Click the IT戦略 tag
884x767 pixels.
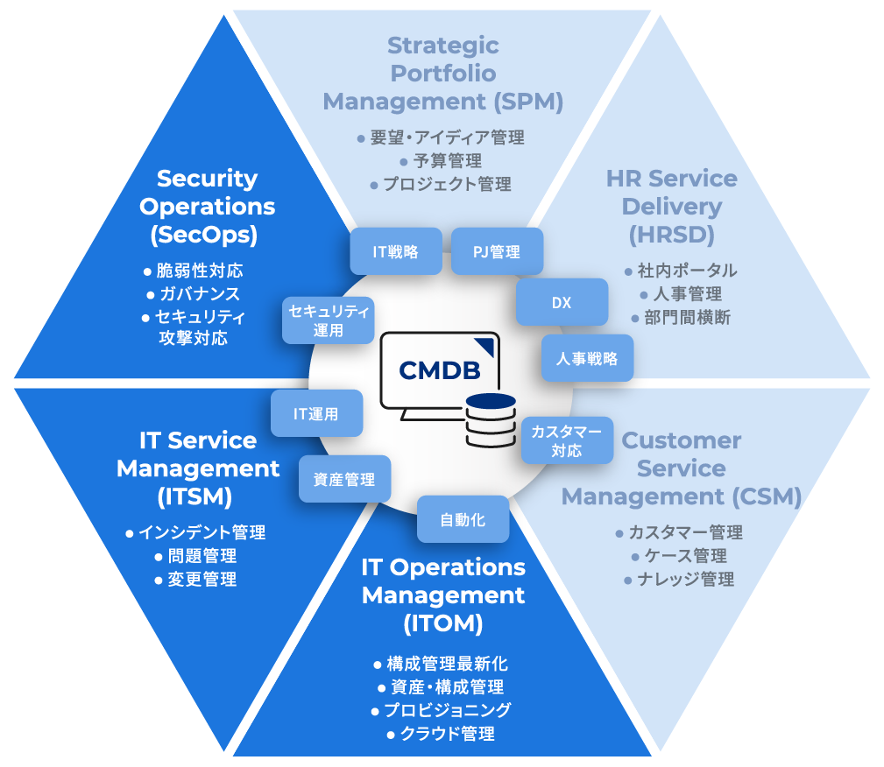pos(395,252)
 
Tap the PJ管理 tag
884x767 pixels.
pos(497,252)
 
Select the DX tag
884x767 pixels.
pos(562,303)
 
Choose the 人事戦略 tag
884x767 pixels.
pos(587,358)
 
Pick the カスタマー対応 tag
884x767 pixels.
pos(566,440)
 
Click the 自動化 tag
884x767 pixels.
pos(463,519)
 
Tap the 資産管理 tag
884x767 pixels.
pos(344,479)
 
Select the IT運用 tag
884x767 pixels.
pos(316,414)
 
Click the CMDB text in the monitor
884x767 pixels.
pos(439,370)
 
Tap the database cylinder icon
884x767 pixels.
pos(491,419)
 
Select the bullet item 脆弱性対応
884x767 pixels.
pos(200,271)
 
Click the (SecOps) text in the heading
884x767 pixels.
pos(207,235)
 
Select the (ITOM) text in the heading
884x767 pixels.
pos(443,623)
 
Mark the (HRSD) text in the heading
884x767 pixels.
pos(672,235)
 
